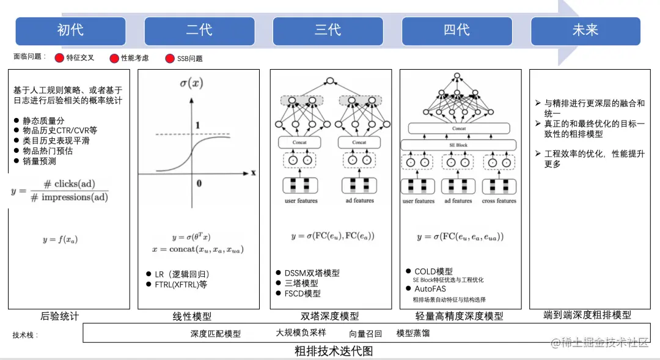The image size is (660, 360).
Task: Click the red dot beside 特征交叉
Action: coord(59,59)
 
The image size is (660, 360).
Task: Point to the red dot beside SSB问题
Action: coord(170,59)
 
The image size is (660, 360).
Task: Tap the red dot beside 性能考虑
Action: coord(114,59)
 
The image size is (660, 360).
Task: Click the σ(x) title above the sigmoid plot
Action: coord(191,83)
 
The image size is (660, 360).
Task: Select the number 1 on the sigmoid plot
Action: coord(197,125)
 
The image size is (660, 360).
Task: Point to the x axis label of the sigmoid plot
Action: coord(252,173)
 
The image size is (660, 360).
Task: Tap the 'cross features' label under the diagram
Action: coord(499,201)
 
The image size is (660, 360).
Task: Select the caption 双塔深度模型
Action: coord(330,316)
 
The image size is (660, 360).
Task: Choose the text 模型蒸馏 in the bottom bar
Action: coord(413,333)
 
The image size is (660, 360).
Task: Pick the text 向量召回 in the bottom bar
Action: coord(365,333)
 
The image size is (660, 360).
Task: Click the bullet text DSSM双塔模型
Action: coord(312,273)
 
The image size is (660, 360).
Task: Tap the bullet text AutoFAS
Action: coord(430,288)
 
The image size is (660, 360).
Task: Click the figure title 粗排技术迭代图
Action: coord(333,351)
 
